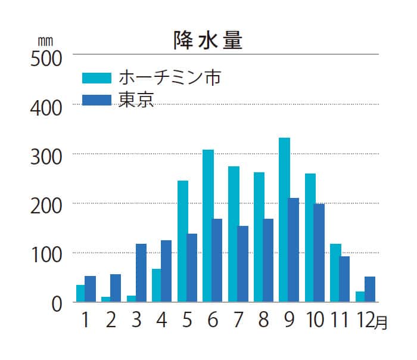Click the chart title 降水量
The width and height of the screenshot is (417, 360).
click(208, 40)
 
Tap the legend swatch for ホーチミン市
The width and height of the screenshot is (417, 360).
click(96, 78)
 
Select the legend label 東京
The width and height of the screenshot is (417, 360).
click(136, 99)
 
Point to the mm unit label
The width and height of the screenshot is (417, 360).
click(45, 42)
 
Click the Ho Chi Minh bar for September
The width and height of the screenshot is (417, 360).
click(284, 220)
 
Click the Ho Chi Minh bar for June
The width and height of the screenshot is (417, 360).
click(208, 226)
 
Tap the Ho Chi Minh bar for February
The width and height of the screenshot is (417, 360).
click(105, 299)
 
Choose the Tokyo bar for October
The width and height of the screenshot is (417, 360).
click(319, 253)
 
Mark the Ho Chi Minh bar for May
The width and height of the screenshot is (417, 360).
click(183, 241)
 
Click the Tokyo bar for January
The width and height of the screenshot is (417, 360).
click(91, 289)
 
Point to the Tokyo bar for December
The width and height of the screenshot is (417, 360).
click(370, 289)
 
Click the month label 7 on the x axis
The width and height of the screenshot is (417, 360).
click(238, 320)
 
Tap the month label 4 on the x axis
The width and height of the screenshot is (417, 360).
click(161, 320)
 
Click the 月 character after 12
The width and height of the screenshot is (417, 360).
click(381, 323)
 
